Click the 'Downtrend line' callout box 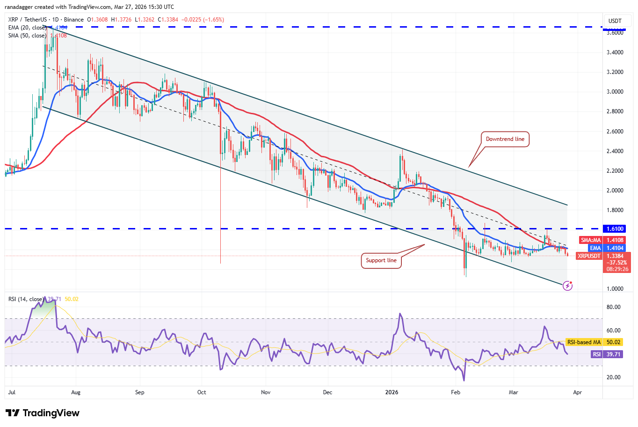click(x=505, y=139)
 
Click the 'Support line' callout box click(x=381, y=260)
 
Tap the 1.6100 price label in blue click(x=615, y=229)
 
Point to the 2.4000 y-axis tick click(x=615, y=151)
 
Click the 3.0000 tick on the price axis click(x=615, y=92)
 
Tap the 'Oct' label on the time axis click(x=202, y=392)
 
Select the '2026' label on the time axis click(x=391, y=392)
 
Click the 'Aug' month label click(x=76, y=392)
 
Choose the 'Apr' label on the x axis click(x=577, y=392)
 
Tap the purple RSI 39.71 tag click(x=607, y=354)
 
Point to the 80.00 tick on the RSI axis click(x=614, y=307)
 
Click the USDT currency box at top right click(x=615, y=21)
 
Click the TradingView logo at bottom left click(x=43, y=413)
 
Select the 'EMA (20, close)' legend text click(x=27, y=28)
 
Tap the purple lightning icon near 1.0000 click(x=567, y=285)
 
